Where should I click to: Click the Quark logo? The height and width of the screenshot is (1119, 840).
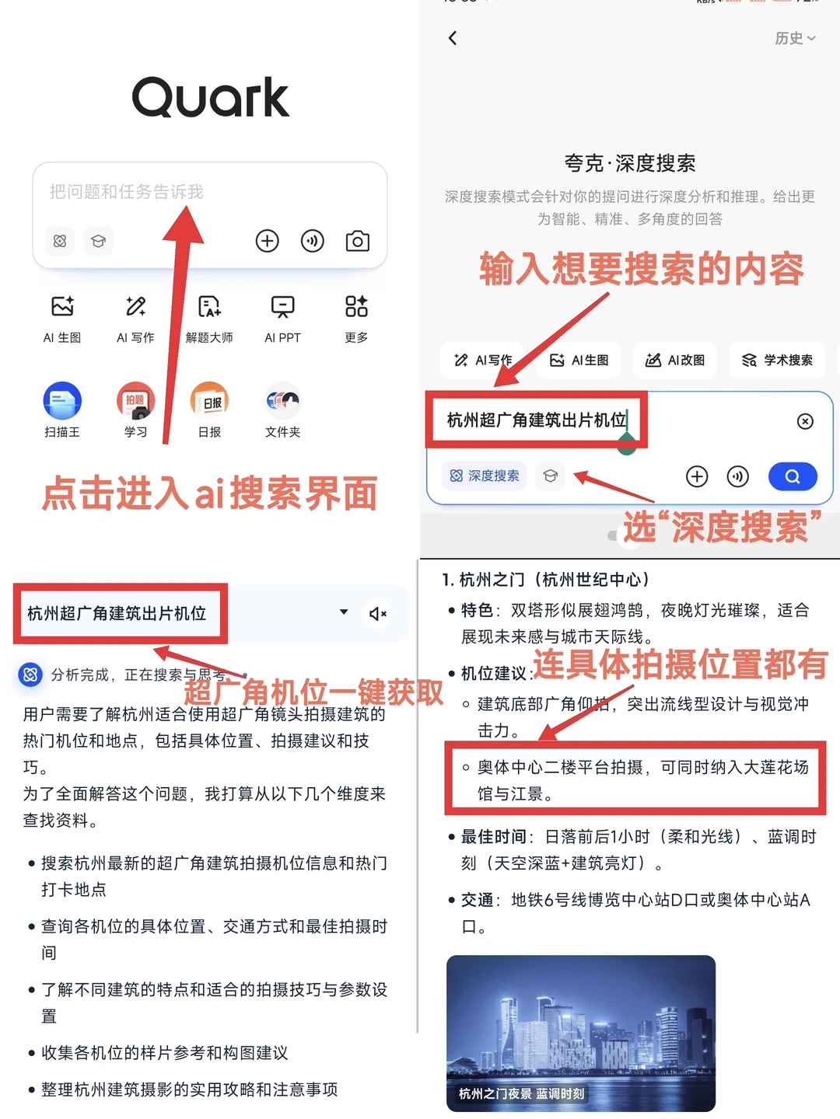click(x=210, y=97)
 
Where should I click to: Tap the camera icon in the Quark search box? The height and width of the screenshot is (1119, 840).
click(x=358, y=241)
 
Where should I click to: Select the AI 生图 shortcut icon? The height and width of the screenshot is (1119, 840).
click(x=63, y=306)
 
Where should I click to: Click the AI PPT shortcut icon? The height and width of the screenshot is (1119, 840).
click(x=282, y=306)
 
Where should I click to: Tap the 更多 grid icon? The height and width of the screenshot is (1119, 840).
click(x=356, y=306)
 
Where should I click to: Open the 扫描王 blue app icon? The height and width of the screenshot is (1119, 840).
click(x=62, y=401)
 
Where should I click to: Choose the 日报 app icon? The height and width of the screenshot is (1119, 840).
click(x=209, y=401)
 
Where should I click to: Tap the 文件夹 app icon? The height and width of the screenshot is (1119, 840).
click(x=282, y=401)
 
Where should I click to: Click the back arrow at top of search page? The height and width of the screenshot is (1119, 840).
click(x=453, y=38)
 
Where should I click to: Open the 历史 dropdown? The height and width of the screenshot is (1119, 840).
click(x=795, y=38)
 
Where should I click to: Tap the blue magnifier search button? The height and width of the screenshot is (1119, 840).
click(x=793, y=476)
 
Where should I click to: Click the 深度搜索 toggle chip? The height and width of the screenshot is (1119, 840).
click(x=484, y=476)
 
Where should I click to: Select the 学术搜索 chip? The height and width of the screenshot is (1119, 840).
click(x=777, y=360)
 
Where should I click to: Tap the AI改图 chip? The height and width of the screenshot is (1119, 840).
click(x=674, y=360)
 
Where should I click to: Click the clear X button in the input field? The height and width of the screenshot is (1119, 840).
click(x=805, y=421)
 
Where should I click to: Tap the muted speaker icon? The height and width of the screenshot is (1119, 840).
click(x=378, y=614)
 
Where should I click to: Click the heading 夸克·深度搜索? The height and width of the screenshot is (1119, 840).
click(x=630, y=163)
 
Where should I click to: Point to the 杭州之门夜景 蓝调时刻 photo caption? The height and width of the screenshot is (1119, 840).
click(x=521, y=1093)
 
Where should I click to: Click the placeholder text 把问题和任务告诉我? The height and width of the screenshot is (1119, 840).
click(x=127, y=192)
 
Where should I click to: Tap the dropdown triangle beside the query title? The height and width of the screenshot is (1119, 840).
click(x=344, y=612)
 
